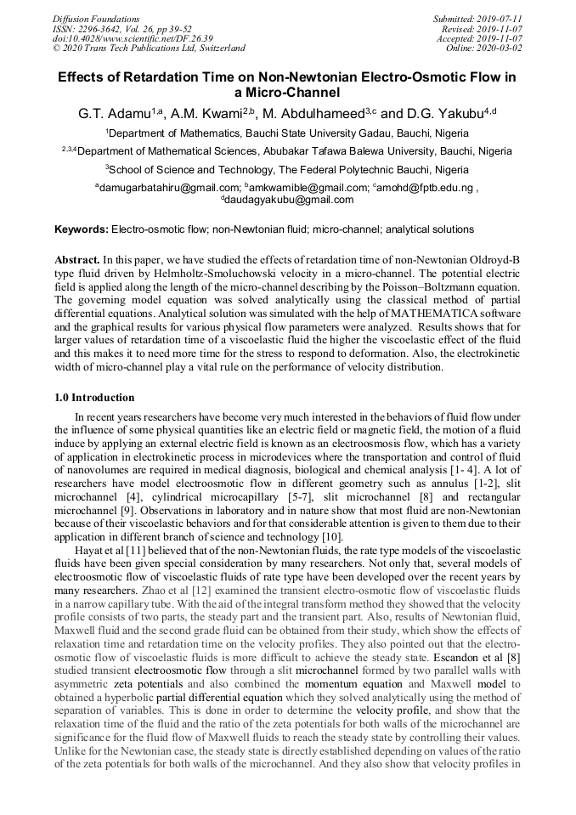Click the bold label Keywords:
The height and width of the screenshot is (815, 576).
coord(82,229)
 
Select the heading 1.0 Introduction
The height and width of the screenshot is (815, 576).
coord(94,397)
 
